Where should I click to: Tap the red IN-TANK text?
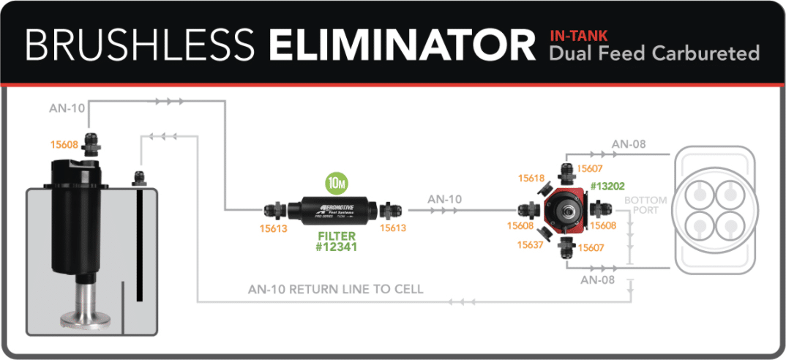579,34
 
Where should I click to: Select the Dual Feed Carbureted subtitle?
654,53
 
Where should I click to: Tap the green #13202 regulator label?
607,186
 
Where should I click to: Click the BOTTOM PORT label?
645,205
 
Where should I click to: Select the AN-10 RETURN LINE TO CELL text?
336,288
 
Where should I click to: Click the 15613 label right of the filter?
392,228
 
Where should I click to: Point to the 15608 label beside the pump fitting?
64,144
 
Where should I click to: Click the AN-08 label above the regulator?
629,143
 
